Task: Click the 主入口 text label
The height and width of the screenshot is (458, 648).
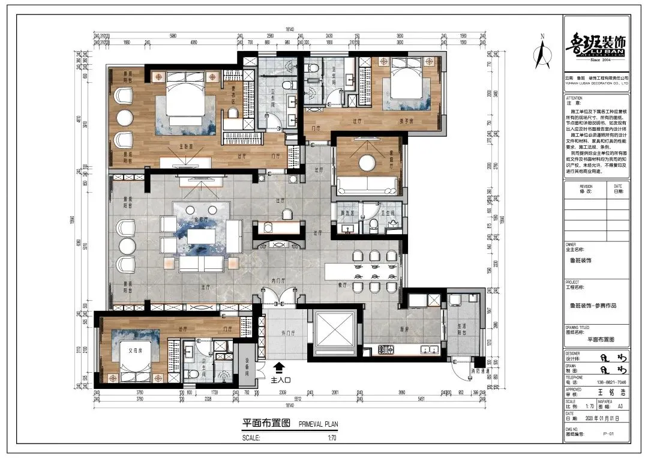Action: click(x=280, y=379)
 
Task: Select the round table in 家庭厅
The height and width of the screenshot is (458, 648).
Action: click(x=366, y=161)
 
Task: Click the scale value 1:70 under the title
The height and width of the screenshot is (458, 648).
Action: click(x=331, y=438)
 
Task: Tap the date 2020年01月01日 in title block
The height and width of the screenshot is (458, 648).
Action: click(x=601, y=418)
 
